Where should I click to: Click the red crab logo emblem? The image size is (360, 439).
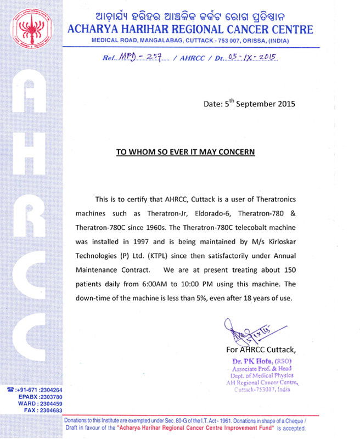[27, 26]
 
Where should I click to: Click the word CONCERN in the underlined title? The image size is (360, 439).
[233, 151]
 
